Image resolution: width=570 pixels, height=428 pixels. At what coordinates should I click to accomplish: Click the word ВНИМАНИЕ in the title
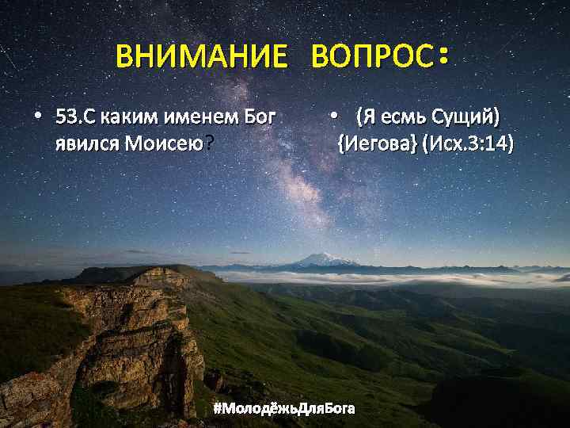[201, 57]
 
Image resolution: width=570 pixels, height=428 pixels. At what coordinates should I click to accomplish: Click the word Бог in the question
[260, 119]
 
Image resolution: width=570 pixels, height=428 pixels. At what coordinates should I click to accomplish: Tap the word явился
[88, 144]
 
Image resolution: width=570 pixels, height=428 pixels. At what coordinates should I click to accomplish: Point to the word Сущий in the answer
[462, 119]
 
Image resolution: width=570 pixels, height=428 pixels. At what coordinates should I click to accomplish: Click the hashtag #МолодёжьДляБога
[284, 408]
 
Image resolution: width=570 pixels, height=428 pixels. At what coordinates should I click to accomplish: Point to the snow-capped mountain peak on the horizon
[325, 258]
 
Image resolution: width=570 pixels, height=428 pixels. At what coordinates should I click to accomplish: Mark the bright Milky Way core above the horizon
[301, 190]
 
